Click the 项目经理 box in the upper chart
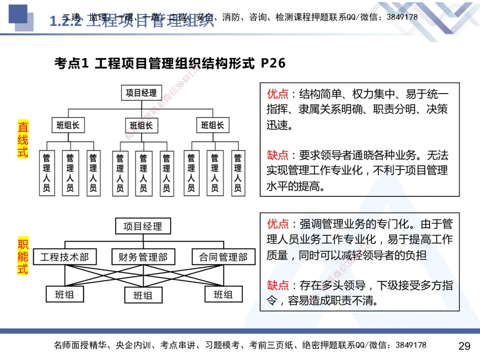pos(141,93)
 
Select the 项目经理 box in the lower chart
pos(143,226)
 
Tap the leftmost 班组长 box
pos(68,126)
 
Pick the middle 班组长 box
pos(141,126)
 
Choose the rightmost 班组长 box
pos(213,126)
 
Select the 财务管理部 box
pos(143,257)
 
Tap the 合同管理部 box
pos(223,257)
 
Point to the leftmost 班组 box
pos(64,294)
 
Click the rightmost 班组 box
pos(223,294)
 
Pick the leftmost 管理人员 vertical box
pos(47,173)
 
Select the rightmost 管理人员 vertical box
pos(237,173)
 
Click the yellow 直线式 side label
pos(23,140)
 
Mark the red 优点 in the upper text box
pos(277,93)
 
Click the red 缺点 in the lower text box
pos(277,286)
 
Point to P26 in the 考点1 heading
pos(273,63)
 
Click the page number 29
pos(464,346)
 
